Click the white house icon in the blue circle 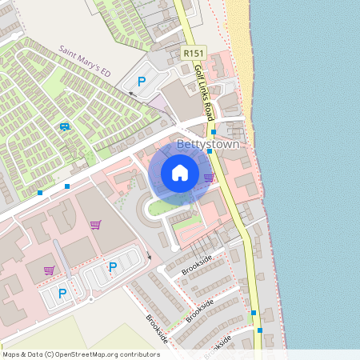pos(180,173)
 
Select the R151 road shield pos(192,53)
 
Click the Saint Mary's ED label pos(83,62)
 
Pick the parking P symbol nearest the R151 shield pos(142,81)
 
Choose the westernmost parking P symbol pos(63,294)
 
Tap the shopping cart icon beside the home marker pos(209,178)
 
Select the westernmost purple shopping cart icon pos(50,270)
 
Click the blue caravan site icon pos(64,126)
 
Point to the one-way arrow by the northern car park pos(134,94)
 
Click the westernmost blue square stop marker pos(40,193)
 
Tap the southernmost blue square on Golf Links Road pos(259,329)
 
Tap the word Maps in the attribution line pos(11,354)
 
